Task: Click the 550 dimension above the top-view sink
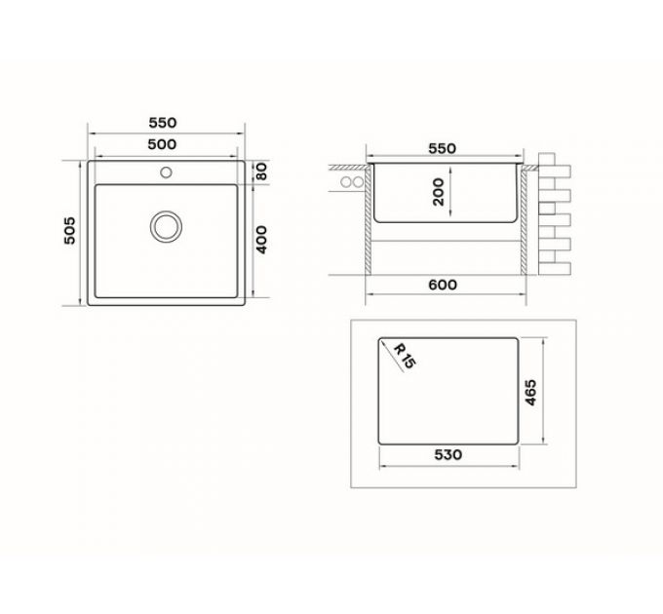(162, 123)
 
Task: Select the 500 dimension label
(162, 144)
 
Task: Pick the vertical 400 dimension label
(260, 239)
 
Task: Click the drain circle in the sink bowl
(166, 225)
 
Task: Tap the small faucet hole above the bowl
(166, 174)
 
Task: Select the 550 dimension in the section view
(442, 148)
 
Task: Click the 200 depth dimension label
(438, 192)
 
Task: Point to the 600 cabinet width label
(442, 285)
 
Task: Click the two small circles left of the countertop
(351, 182)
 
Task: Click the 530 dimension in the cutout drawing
(448, 455)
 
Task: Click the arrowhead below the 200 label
(450, 218)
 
